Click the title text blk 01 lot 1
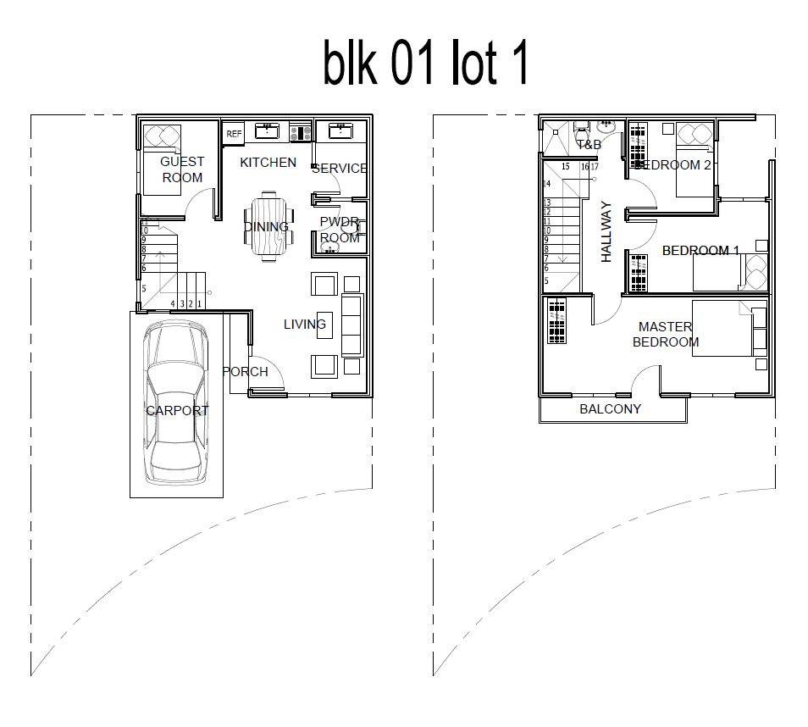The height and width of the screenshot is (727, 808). [x=425, y=64]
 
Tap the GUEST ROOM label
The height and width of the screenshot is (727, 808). [x=182, y=169]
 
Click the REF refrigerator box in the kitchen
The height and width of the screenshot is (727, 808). [x=234, y=134]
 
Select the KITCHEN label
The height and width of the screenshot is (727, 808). [x=268, y=163]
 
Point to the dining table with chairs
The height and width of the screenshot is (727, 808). [x=268, y=226]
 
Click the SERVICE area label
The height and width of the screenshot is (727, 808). [x=339, y=169]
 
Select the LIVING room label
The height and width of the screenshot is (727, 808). [x=304, y=325]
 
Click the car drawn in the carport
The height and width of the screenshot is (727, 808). [x=175, y=405]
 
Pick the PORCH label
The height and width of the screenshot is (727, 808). [x=246, y=372]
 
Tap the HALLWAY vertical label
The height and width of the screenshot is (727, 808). [x=606, y=231]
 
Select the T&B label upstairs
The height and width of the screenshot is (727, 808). [x=589, y=145]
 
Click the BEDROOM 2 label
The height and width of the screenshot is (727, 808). [x=673, y=165]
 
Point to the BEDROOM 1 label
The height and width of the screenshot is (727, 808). [x=700, y=251]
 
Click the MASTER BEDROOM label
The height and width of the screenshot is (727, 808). [x=666, y=335]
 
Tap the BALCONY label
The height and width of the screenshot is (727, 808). [x=610, y=409]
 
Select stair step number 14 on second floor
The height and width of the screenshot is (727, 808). [x=547, y=184]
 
